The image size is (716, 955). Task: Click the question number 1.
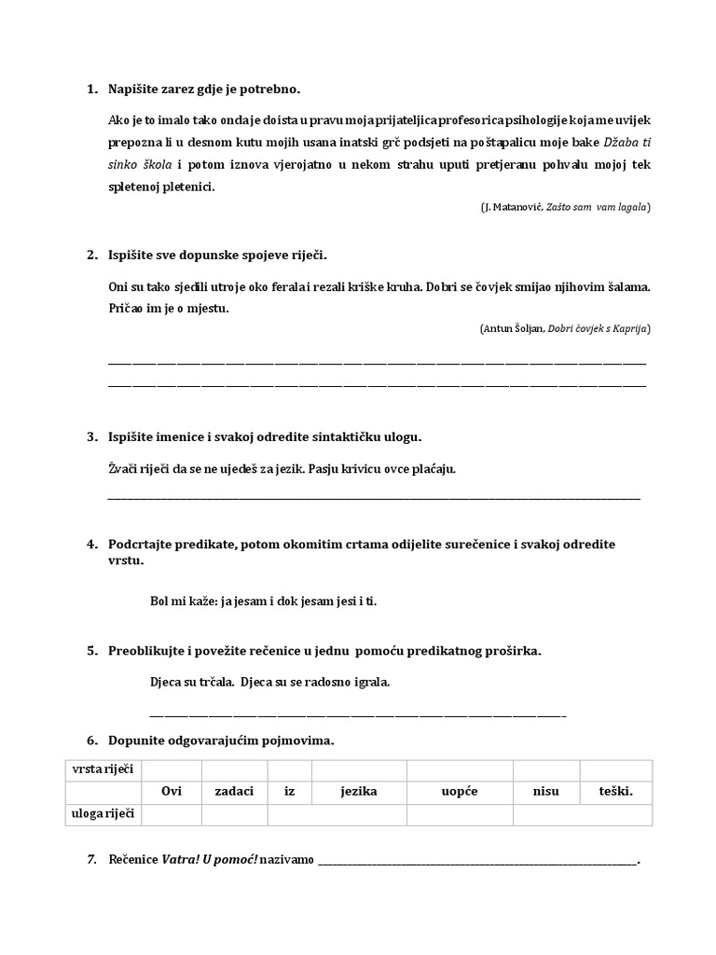click(91, 90)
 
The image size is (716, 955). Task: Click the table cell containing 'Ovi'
click(172, 792)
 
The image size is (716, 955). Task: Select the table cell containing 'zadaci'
click(234, 792)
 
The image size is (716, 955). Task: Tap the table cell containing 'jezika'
click(359, 792)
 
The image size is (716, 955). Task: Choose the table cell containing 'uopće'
click(460, 792)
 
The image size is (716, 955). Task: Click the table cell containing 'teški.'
click(615, 792)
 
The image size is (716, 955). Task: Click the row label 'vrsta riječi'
click(103, 769)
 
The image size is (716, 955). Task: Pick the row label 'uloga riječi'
click(103, 814)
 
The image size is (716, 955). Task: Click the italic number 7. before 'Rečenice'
click(91, 859)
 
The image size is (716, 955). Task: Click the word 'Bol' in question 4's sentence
click(159, 602)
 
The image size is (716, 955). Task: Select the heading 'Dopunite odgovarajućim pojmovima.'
click(221, 740)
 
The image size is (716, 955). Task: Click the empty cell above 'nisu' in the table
click(545, 769)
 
